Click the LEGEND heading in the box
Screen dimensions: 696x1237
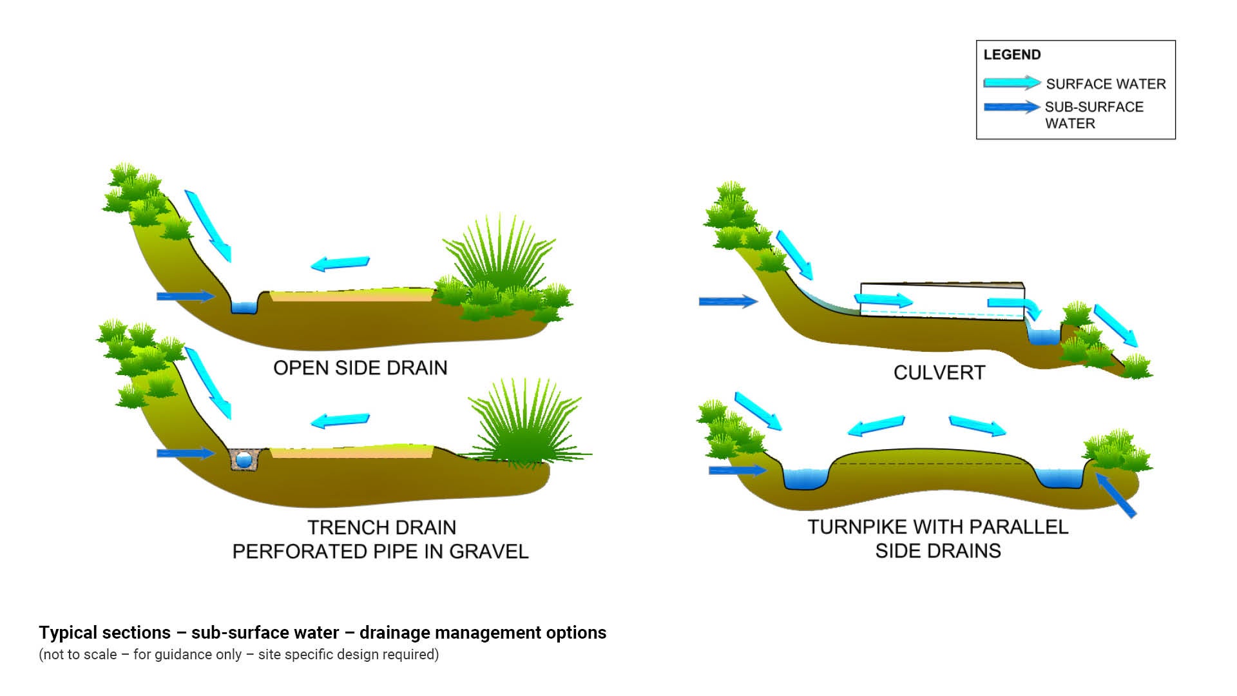(x=1012, y=55)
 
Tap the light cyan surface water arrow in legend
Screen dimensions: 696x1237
(x=1011, y=83)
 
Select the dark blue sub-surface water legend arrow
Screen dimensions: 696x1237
(x=1011, y=107)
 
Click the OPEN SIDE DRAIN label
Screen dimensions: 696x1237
(x=360, y=368)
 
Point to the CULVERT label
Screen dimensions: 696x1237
(x=939, y=373)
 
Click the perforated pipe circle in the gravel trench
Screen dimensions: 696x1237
(x=244, y=459)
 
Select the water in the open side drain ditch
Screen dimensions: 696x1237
(x=244, y=307)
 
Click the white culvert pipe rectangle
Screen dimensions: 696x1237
(x=942, y=300)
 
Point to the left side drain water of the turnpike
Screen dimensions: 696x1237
(x=805, y=479)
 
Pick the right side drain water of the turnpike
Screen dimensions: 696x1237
(x=1059, y=478)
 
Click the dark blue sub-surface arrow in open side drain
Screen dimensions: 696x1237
(x=185, y=296)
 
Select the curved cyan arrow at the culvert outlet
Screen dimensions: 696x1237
(x=1014, y=307)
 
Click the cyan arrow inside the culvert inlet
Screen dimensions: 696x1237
(x=883, y=300)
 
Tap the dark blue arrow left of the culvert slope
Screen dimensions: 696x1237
(x=727, y=302)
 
